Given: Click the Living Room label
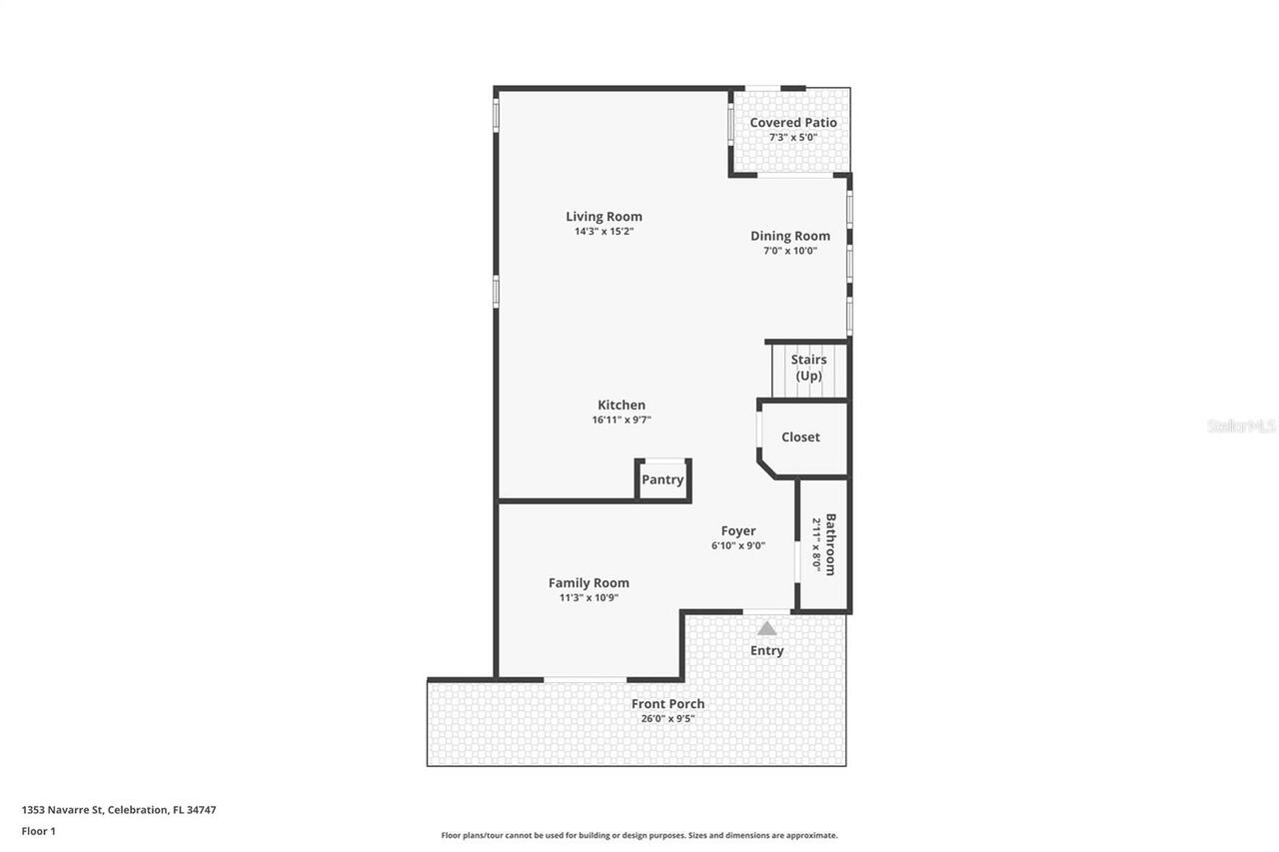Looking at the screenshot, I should (604, 217).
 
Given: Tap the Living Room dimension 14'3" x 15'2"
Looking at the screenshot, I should (604, 232).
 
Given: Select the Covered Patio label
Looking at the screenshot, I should (793, 123).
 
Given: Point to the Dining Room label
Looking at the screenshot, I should (790, 237).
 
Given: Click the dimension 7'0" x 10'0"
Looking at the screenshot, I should (790, 252).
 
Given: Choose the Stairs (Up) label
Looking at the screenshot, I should (808, 368).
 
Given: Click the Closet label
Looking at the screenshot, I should (800, 437).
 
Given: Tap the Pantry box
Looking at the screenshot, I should (662, 479).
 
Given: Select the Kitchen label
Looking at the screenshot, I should (622, 406).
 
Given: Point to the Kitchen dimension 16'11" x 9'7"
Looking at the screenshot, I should (622, 421).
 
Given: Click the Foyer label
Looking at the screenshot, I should (738, 531).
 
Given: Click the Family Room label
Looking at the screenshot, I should (589, 583).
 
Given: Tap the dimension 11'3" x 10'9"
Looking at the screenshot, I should (589, 598).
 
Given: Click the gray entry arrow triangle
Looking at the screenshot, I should (766, 629).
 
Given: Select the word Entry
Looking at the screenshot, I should (766, 651).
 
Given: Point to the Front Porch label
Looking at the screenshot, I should (667, 704).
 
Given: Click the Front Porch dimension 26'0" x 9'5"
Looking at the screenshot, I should (667, 719).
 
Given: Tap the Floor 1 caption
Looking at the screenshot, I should (39, 831).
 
